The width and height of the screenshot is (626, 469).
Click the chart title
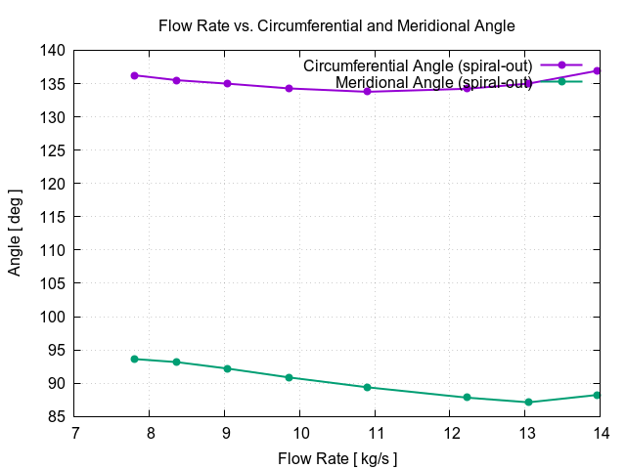[x=336, y=25]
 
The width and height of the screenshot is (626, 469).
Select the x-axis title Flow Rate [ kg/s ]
[x=337, y=457]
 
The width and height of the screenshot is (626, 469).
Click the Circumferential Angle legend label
[x=418, y=65]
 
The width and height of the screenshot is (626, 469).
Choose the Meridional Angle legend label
[x=433, y=83]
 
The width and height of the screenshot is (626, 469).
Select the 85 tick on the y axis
[x=57, y=417]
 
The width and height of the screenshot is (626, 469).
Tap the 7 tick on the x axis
[x=74, y=433]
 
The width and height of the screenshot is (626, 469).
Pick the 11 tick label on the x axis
[x=375, y=433]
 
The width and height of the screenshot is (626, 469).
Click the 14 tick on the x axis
[x=600, y=433]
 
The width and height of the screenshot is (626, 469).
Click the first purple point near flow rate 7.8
[x=134, y=75]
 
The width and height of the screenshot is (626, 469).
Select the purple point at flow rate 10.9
[x=368, y=91]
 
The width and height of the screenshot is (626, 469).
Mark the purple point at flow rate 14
[x=597, y=71]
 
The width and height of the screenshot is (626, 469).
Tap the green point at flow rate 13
[x=528, y=403]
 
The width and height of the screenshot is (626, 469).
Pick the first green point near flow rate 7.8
[x=134, y=359]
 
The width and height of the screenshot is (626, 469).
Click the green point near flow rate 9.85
[x=289, y=377]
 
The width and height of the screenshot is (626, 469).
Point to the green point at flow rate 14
[x=597, y=395]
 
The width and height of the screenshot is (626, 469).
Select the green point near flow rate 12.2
[x=467, y=398]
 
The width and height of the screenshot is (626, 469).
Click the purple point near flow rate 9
[x=227, y=84]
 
